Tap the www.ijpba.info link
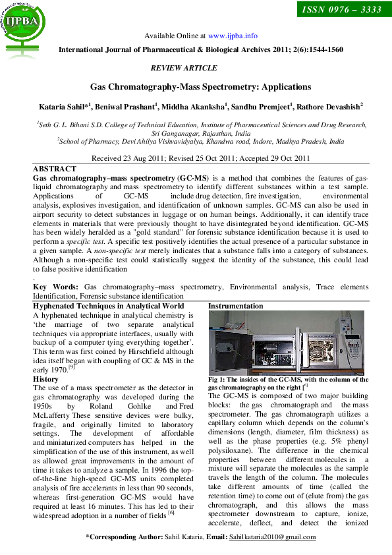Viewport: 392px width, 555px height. [x=233, y=36]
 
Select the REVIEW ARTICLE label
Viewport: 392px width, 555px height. [x=184, y=68]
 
